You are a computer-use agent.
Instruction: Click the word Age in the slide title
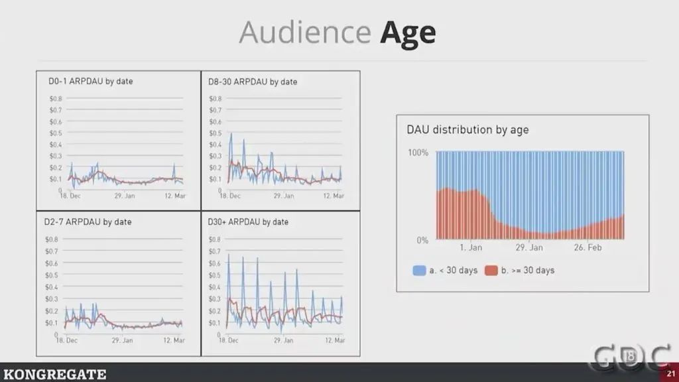point(408,32)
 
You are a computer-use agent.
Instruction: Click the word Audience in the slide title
point(304,32)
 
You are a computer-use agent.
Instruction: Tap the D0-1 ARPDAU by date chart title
point(96,82)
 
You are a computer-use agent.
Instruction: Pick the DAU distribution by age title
point(467,130)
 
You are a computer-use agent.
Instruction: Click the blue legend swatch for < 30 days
point(419,271)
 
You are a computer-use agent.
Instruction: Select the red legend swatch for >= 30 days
point(491,271)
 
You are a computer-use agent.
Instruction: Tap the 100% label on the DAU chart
point(417,153)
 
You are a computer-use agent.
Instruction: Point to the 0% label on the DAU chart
point(422,240)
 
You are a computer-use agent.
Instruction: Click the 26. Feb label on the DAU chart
point(587,248)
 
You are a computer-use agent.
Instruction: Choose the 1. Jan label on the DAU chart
point(470,248)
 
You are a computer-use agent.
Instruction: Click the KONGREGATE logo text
point(54,375)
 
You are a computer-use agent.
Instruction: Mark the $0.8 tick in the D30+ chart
point(214,239)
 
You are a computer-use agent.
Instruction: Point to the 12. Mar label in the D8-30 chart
point(334,196)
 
